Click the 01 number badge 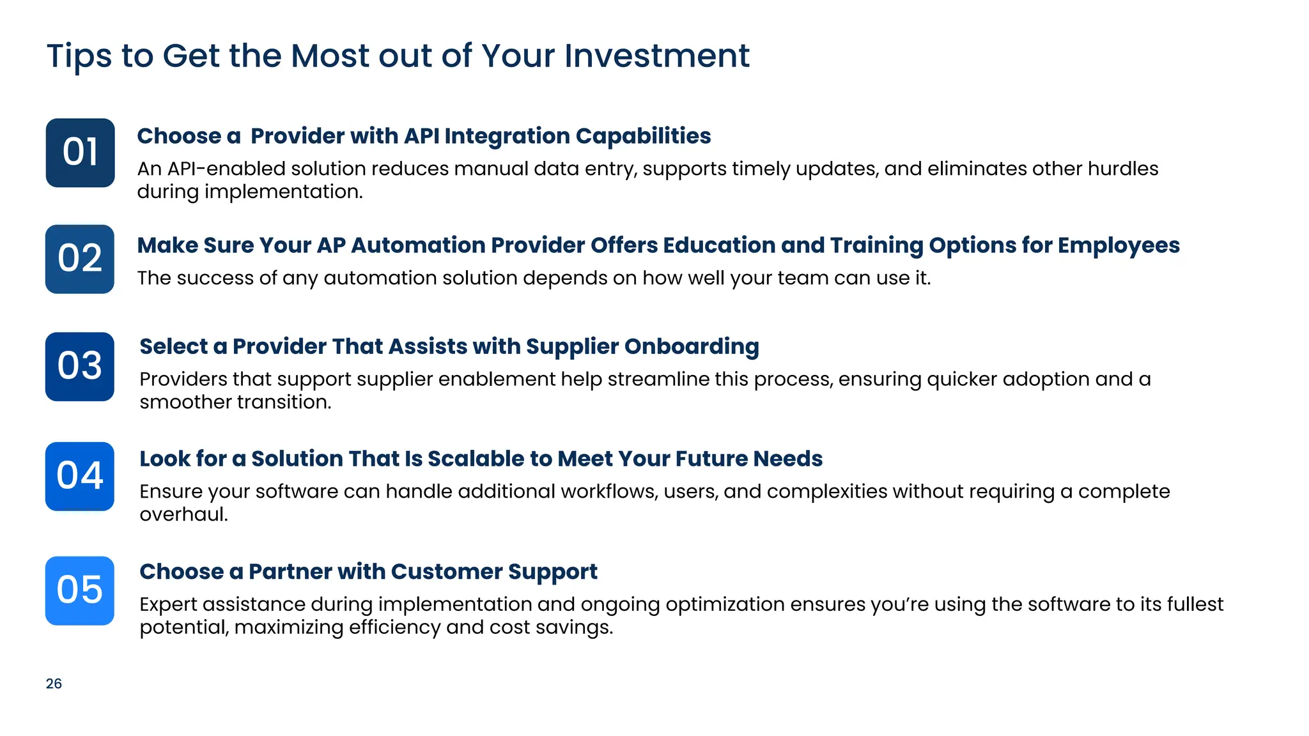[x=80, y=153]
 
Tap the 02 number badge [x=80, y=259]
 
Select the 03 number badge [x=80, y=366]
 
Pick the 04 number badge [x=80, y=476]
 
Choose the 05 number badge [x=80, y=590]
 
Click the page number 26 [x=54, y=684]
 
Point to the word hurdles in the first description [x=1123, y=169]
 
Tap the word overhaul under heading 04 [x=183, y=514]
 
